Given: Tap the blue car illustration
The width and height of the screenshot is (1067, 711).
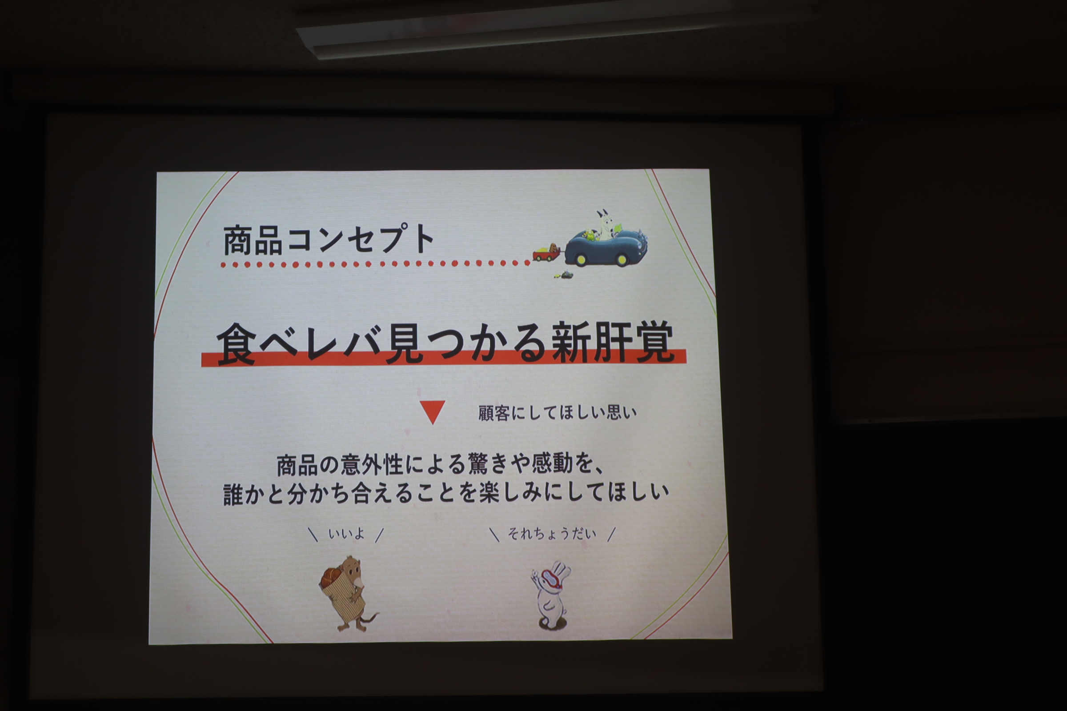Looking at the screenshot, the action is [x=606, y=247].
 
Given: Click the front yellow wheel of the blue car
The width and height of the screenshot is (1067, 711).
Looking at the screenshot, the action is [x=622, y=260].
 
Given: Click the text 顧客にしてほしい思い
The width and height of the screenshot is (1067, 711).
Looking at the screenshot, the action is [x=558, y=413].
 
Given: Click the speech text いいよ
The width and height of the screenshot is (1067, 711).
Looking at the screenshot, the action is [x=346, y=534].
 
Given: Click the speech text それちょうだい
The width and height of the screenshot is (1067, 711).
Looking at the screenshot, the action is [x=552, y=533].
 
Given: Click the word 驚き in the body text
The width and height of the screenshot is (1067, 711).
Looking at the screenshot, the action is [x=488, y=464].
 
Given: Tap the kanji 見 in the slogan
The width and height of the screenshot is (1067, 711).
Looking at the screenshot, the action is [x=405, y=343].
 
